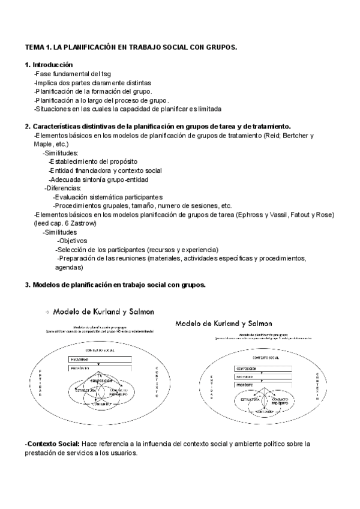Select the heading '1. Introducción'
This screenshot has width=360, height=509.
coord(49,64)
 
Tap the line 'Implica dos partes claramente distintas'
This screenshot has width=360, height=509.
coord(93,82)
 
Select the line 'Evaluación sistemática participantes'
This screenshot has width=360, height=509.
coord(107,197)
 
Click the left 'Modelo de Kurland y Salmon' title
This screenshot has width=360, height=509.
coord(104,312)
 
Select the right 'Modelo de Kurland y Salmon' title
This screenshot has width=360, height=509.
coord(223,323)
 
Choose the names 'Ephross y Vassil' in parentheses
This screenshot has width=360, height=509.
coord(261,214)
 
